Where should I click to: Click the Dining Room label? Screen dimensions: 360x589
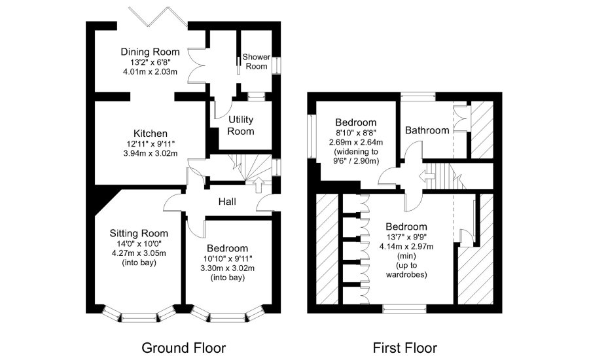point(149,52)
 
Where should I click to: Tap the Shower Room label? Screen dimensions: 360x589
point(256,62)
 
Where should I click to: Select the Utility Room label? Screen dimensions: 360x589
point(241,125)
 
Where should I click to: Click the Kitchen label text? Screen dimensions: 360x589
point(151,133)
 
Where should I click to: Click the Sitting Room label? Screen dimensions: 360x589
point(139,233)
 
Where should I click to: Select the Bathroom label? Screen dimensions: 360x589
point(427,130)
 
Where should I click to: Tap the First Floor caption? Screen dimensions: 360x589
point(404,347)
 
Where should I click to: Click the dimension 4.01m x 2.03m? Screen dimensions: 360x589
point(149,72)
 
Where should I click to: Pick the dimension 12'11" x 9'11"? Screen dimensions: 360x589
point(151,143)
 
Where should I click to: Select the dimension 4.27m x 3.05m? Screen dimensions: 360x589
point(139,253)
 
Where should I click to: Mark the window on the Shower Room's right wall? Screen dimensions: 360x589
point(276,65)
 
